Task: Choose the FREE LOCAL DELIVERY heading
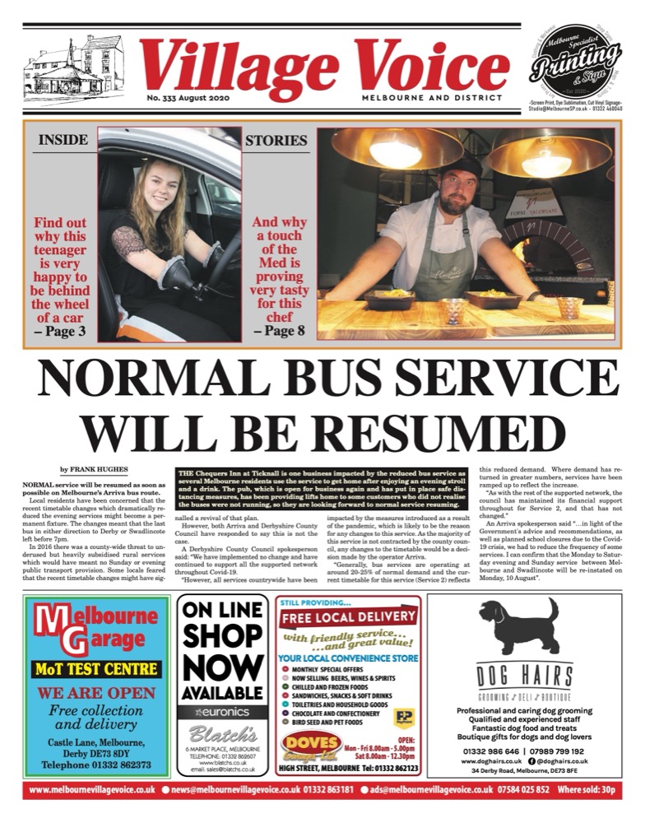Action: [349, 616]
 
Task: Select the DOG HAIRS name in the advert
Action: [526, 677]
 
